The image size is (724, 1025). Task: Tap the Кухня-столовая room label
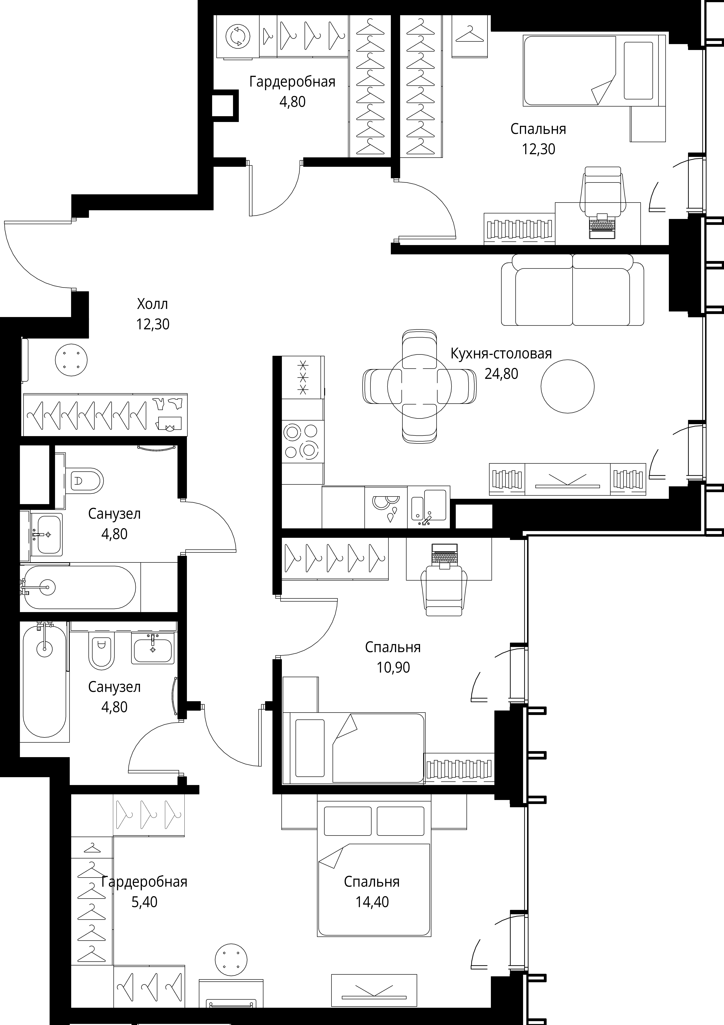[501, 354]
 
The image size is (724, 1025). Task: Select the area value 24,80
[501, 374]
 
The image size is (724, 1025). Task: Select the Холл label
[153, 304]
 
